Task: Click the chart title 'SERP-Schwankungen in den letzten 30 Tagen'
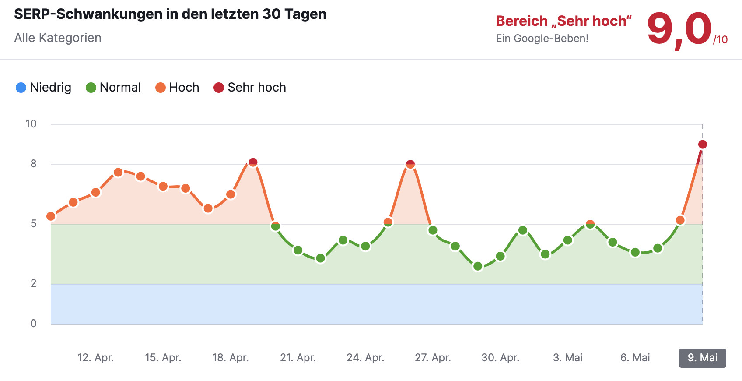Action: click(x=170, y=14)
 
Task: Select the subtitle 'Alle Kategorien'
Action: click(x=58, y=38)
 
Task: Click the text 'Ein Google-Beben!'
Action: click(x=542, y=39)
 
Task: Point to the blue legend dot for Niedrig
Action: click(x=21, y=88)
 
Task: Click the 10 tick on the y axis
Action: click(x=31, y=124)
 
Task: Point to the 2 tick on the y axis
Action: click(x=33, y=283)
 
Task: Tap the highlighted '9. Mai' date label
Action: click(x=702, y=358)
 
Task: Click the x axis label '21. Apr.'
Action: click(x=298, y=358)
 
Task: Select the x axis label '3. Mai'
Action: click(x=567, y=358)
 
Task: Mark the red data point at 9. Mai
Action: click(x=703, y=145)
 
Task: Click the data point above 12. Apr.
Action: click(x=96, y=193)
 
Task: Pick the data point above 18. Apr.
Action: click(x=231, y=194)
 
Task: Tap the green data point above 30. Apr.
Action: click(x=500, y=256)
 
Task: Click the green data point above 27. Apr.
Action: click(x=433, y=230)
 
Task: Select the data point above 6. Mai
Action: click(x=635, y=252)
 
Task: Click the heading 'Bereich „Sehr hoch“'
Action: click(x=563, y=21)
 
